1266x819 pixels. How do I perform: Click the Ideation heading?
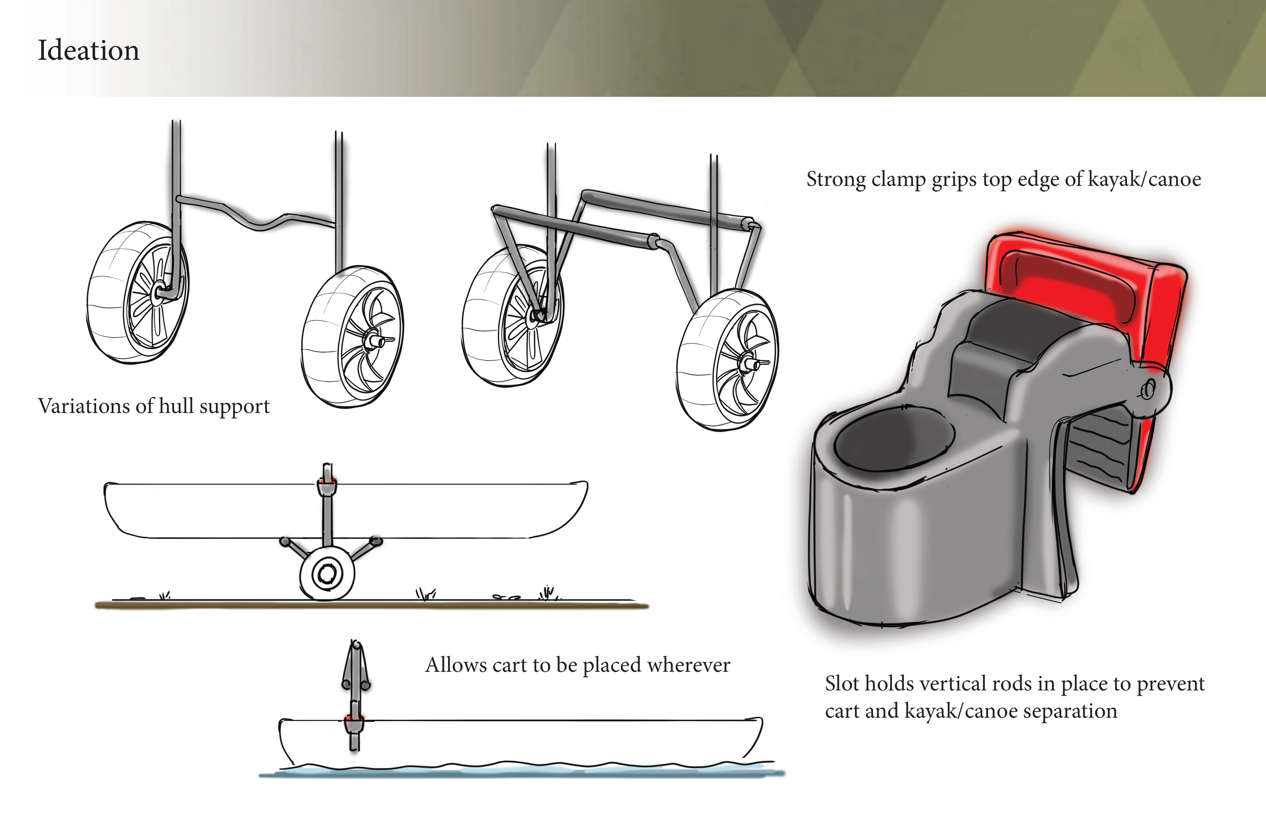click(88, 50)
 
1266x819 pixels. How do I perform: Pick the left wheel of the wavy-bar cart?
click(137, 293)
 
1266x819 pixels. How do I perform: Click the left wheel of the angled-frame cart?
click(513, 316)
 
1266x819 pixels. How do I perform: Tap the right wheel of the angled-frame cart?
click(727, 360)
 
